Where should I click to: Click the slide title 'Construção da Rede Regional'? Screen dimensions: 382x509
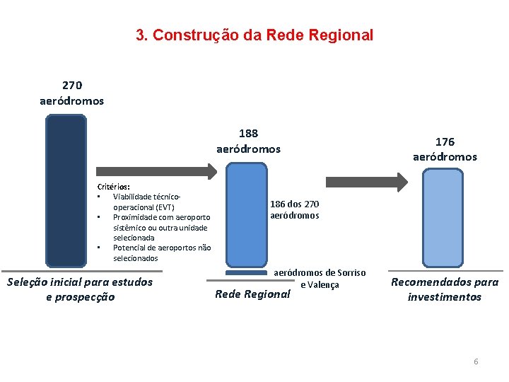(x=263, y=35)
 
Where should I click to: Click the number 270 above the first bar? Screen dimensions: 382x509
(x=72, y=85)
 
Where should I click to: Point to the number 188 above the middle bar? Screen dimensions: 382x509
(x=248, y=133)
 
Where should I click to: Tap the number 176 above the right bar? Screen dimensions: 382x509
(x=445, y=141)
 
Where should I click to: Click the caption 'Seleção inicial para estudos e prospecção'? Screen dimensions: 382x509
(x=79, y=289)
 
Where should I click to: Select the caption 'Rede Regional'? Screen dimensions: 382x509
(x=252, y=294)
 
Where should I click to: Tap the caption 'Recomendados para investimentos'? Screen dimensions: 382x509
(x=445, y=289)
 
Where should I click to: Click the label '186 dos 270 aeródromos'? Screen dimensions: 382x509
(x=295, y=210)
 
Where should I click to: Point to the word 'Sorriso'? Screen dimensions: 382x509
(x=351, y=273)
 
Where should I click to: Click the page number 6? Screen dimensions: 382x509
(x=476, y=361)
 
